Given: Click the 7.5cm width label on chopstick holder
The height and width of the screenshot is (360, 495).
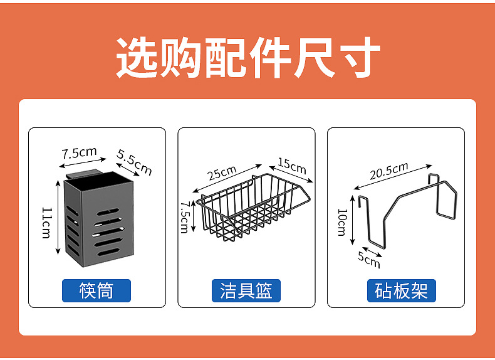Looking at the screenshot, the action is click(x=79, y=152).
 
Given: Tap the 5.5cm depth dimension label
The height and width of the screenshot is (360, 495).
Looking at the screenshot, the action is click(x=134, y=162).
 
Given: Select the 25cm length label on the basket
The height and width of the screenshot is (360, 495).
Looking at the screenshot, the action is click(x=222, y=171).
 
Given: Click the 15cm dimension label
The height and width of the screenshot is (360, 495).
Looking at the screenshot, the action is click(x=291, y=166).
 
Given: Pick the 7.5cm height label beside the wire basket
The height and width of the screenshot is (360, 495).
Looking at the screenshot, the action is click(x=184, y=216).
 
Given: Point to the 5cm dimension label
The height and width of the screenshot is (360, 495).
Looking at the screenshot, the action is click(x=369, y=258).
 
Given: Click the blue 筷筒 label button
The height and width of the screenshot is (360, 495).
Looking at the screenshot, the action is click(x=96, y=290).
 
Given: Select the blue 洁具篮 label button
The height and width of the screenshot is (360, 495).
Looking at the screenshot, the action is click(x=246, y=290).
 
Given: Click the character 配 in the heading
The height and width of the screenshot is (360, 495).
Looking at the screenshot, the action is click(x=226, y=58).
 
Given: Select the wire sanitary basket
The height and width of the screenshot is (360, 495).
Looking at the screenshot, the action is click(x=254, y=207).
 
